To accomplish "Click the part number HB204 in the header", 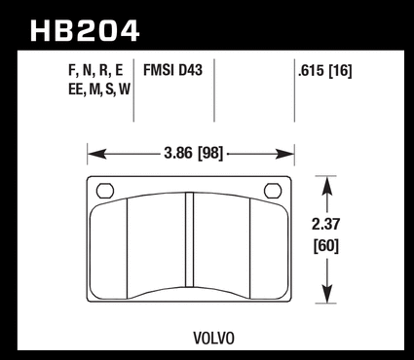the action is point(85,31).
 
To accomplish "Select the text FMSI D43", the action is point(172,70).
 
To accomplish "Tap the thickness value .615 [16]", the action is point(324,71).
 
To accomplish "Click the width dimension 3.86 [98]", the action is point(194,153).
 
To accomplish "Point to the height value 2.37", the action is point(326,224).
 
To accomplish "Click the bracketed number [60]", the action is point(326,245).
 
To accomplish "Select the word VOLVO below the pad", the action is point(213,339).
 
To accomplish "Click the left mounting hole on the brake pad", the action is point(105,191).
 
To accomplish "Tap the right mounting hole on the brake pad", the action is point(273,191).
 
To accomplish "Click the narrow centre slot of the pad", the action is point(189,239).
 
